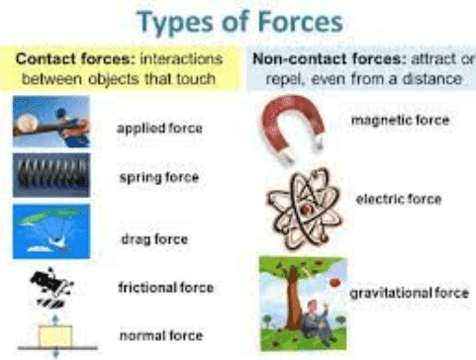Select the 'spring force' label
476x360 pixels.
[x=157, y=178]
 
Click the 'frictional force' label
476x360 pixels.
[x=165, y=288]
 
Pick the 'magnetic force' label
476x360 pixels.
[x=400, y=120]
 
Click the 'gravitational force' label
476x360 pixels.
[x=408, y=295]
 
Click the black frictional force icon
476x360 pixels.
[x=49, y=286]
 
